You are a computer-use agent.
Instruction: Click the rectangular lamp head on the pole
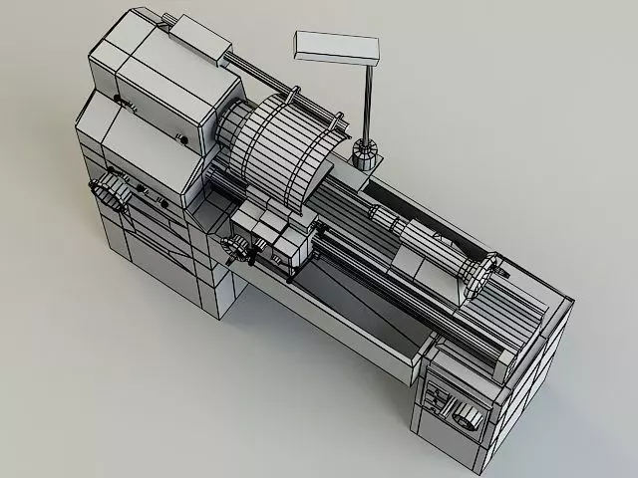click(x=336, y=47)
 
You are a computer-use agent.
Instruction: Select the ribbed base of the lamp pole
click(x=366, y=154)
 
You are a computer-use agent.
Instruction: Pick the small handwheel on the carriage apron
click(x=236, y=250)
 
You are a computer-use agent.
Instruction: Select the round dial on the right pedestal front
click(x=466, y=415)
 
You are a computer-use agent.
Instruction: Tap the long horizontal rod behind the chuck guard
click(x=269, y=80)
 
